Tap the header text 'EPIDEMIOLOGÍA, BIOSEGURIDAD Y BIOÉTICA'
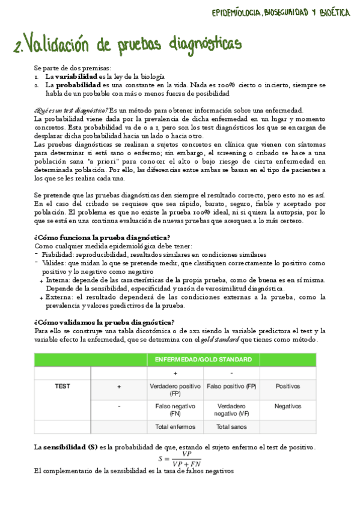click(x=281, y=13)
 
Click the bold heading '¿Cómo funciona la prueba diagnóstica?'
click(x=102, y=237)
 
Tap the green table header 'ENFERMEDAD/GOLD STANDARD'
click(x=203, y=360)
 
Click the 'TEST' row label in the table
click(x=63, y=386)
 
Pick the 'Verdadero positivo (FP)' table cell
click(x=175, y=390)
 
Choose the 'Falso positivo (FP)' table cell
click(x=231, y=386)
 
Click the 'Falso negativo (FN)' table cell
click(x=175, y=410)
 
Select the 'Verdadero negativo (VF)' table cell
click(x=231, y=410)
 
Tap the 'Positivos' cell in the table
click(x=287, y=386)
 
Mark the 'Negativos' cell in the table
click(x=287, y=407)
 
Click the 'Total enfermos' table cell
click(x=175, y=427)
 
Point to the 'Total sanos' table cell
click(x=231, y=427)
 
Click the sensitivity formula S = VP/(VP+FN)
click(x=180, y=459)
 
